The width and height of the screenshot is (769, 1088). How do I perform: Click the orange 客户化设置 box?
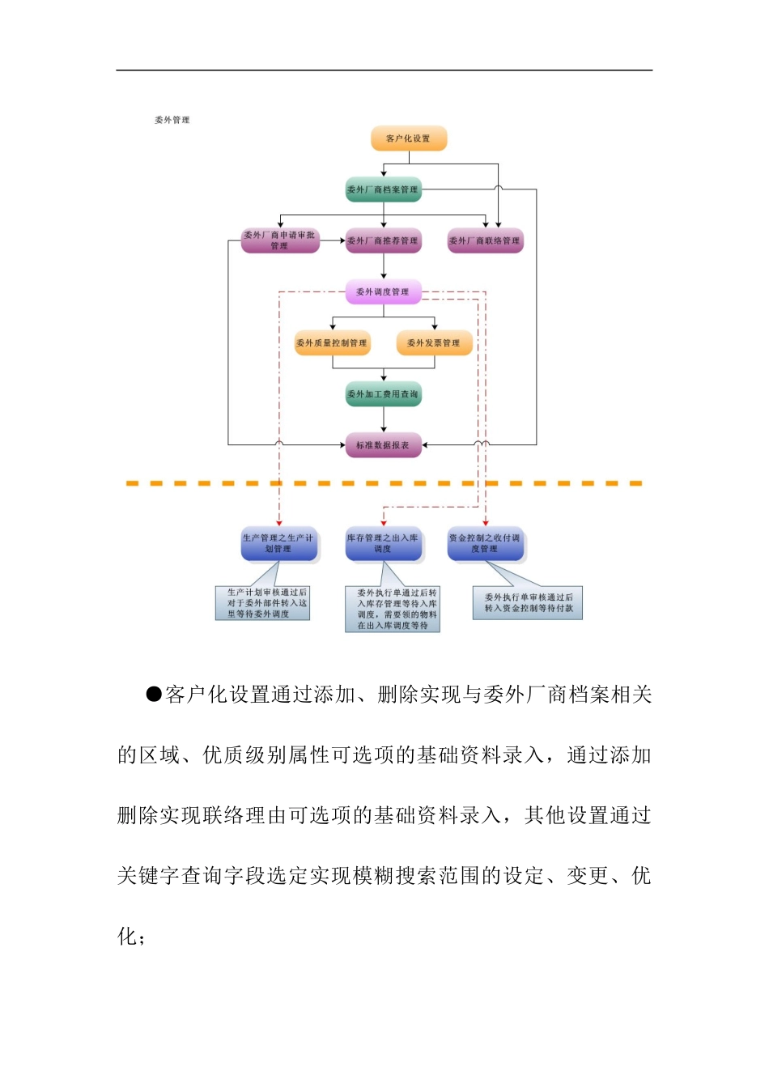(x=409, y=138)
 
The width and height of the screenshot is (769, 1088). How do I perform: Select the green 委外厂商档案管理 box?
(x=383, y=189)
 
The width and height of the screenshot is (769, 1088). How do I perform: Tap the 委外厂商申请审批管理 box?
(x=280, y=240)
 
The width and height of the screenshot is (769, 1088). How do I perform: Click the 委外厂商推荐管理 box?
(x=383, y=240)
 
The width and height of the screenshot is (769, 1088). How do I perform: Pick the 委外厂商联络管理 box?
(x=485, y=240)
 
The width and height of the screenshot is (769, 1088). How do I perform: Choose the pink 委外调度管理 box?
(x=383, y=291)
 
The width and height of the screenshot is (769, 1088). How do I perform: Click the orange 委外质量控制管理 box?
(x=332, y=342)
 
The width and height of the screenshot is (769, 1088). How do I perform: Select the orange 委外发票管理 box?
(x=434, y=342)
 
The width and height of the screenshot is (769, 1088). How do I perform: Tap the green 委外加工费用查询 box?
(x=383, y=394)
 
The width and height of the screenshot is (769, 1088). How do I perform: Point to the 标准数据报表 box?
(x=383, y=445)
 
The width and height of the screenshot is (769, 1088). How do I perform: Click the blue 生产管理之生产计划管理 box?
(x=278, y=544)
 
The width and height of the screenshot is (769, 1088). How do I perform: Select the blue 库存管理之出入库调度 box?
(x=383, y=544)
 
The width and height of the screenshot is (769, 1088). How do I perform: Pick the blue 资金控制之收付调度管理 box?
(x=485, y=544)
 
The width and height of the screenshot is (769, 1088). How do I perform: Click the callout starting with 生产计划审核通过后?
(x=263, y=604)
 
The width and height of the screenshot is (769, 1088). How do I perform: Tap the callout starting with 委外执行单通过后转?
(x=393, y=610)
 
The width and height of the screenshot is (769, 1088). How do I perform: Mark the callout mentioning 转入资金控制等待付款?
(x=528, y=603)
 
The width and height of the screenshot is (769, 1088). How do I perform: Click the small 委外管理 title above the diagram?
(x=172, y=120)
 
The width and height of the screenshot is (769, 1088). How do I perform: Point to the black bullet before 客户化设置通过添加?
(x=154, y=695)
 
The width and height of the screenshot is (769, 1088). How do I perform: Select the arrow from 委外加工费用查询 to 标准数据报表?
(x=384, y=419)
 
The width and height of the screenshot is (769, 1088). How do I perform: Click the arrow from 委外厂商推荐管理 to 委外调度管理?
(x=384, y=266)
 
